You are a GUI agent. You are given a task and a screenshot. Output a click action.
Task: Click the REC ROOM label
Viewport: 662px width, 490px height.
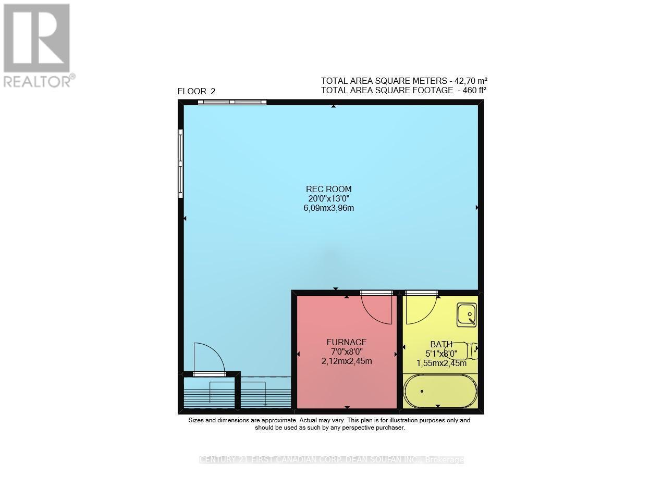(328, 189)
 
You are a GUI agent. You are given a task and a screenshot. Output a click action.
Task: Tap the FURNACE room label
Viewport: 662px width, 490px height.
(347, 342)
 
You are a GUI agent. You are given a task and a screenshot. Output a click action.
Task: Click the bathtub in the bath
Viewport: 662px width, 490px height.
(440, 391)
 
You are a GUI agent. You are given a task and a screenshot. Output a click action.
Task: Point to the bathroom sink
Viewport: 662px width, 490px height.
(467, 315)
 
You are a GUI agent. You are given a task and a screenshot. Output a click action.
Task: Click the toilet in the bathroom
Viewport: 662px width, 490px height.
(467, 350)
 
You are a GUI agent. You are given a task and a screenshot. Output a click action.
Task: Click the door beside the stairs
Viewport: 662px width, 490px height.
(209, 359)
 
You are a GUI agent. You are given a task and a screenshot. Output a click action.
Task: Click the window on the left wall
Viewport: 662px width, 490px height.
(181, 164)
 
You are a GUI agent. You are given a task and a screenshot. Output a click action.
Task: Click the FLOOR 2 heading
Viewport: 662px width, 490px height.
(197, 92)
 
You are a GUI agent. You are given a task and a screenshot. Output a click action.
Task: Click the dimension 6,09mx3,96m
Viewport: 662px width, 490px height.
(328, 208)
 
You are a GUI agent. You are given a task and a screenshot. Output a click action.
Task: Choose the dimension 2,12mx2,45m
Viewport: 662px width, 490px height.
(347, 361)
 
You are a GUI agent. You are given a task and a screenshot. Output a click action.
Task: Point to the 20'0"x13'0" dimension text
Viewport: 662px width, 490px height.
(328, 198)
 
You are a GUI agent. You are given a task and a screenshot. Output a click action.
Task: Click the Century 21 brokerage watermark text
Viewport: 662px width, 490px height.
(332, 460)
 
